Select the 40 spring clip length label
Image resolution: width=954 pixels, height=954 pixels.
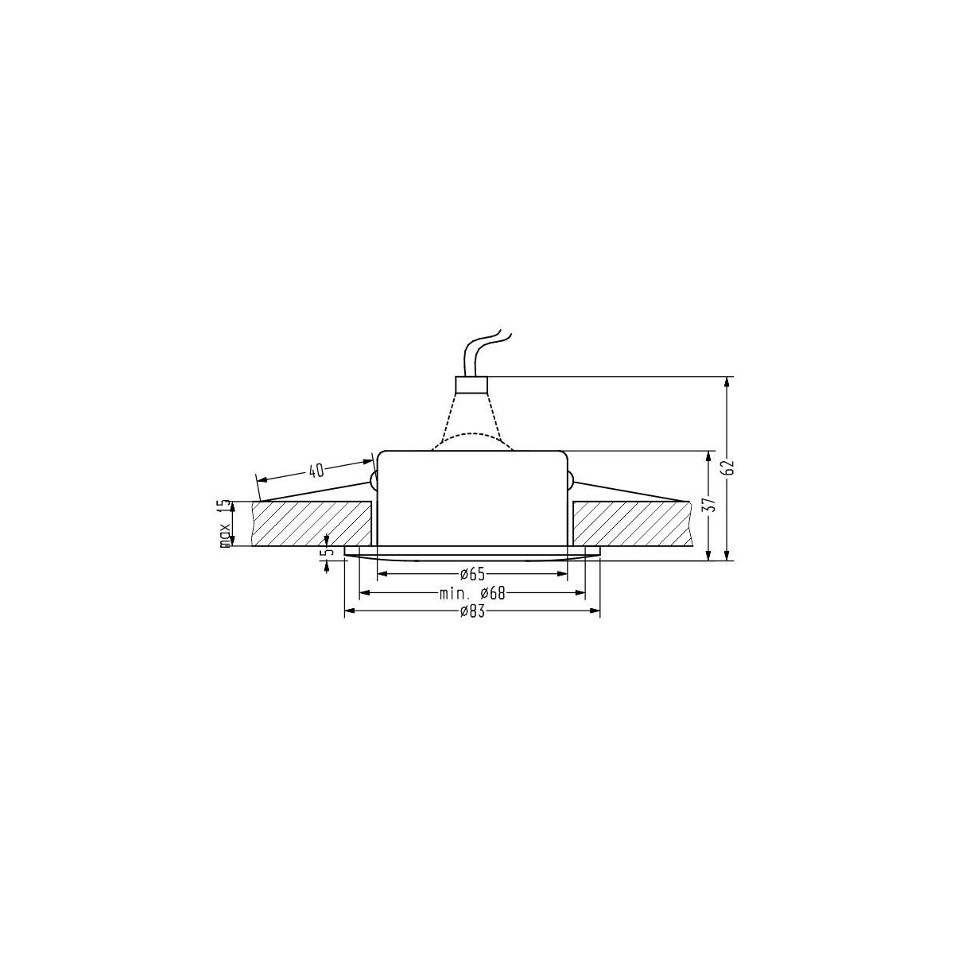pos(316,470)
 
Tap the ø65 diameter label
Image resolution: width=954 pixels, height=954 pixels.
pos(472,573)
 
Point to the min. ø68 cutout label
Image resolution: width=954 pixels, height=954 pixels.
pos(472,593)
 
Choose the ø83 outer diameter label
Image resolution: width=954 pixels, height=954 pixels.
pos(472,612)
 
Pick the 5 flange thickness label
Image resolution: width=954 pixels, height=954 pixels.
pos(324,553)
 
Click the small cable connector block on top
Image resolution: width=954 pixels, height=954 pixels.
pos(470,385)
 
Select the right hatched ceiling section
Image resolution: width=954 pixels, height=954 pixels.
pos(628,523)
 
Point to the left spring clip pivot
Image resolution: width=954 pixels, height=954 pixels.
pos(373,479)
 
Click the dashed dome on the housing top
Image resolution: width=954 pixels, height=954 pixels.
pos(472,440)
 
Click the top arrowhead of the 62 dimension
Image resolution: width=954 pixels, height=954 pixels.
pos(727,382)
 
